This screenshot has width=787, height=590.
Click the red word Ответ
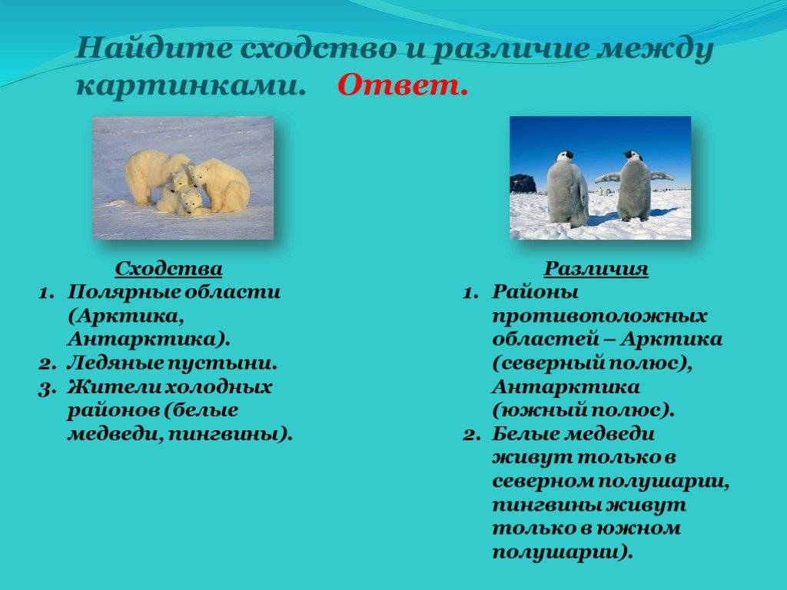pos(403,85)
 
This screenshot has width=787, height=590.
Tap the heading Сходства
pos(168,269)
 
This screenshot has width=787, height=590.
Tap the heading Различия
pos(596,269)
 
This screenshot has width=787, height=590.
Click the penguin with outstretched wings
pos(633,185)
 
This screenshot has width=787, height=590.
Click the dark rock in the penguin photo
pos(523,184)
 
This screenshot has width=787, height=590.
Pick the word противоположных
pos(599,317)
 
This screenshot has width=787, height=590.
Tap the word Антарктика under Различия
pos(566,387)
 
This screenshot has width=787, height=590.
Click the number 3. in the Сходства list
pos(46,388)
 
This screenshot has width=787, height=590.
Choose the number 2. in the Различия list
pos(472,435)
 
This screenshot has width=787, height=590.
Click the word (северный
pos(547,363)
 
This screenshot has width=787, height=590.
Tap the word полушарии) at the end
pos(562,552)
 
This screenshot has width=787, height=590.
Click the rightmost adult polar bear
pos(221,185)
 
